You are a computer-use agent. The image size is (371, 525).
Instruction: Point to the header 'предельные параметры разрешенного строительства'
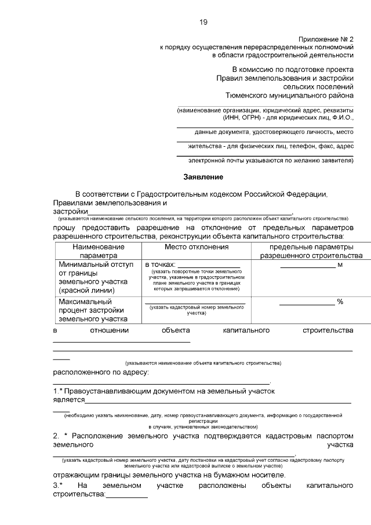pos(307,251)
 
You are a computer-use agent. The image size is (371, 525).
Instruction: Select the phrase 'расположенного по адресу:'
pos(101,372)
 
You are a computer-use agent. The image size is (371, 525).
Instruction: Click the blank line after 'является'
pos(218,401)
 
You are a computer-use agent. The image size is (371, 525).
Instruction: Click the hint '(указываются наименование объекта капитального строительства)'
pos(203,363)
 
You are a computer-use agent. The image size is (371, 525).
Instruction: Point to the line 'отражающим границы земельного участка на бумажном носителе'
pos(169,475)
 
